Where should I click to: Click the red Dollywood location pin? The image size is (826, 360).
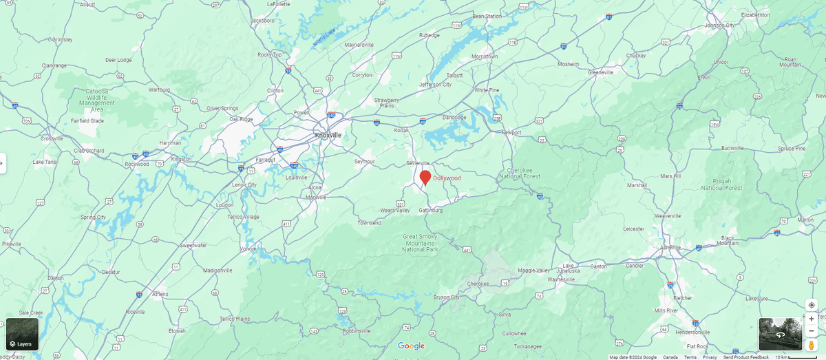425,177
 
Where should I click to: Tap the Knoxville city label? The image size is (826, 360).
328,135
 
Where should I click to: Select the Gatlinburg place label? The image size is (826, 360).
431,210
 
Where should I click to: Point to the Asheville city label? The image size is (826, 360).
670,247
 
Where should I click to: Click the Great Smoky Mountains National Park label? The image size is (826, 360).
420,243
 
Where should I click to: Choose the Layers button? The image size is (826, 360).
22,335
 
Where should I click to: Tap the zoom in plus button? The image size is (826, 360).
812,319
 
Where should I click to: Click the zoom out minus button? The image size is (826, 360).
812,331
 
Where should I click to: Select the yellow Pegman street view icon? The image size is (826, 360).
812,344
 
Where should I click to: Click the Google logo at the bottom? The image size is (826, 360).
411,346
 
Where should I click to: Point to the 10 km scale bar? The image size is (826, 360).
798,357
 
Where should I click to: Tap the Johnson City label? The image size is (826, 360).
720,25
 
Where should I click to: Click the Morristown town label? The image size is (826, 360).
485,56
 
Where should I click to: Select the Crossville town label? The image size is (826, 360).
52,138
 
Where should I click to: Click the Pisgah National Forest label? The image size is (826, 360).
721,184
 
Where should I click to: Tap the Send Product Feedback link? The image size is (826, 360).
745,357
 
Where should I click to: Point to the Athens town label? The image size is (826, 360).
160,294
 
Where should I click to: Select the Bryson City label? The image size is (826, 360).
446,297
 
